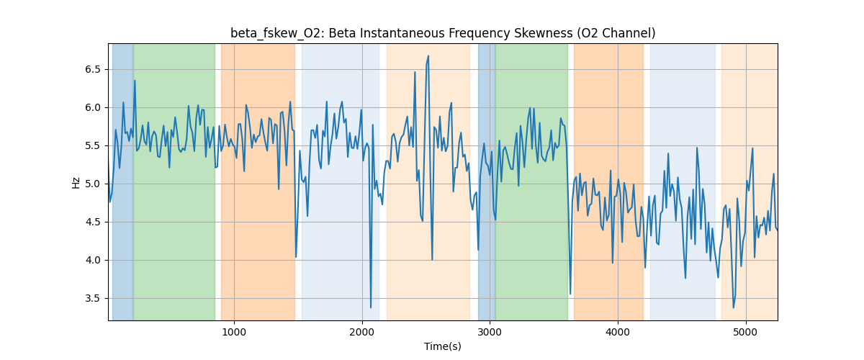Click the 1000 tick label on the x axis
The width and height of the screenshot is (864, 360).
(x=233, y=332)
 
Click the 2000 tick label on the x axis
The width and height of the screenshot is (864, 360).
(x=361, y=332)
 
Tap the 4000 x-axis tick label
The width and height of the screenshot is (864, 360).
(x=618, y=332)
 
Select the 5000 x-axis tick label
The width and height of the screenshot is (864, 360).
(x=746, y=332)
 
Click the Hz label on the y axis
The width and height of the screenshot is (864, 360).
(x=76, y=182)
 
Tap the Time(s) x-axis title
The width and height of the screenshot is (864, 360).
(x=443, y=346)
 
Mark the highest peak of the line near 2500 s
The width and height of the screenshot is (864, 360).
(x=428, y=56)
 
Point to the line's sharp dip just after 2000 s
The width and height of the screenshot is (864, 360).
(x=371, y=307)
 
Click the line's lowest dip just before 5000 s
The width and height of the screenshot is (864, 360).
(x=734, y=307)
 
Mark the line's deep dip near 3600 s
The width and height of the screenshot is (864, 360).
(x=570, y=294)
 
